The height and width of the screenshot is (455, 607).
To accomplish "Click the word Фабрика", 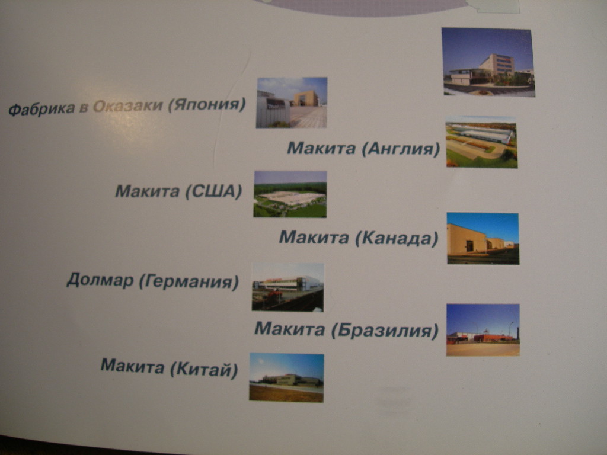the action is click(x=42, y=109).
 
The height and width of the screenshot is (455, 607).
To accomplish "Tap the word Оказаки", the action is click(x=128, y=105).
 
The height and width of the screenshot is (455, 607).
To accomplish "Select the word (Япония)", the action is click(x=207, y=104).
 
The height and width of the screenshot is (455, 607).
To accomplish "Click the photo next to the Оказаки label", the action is click(x=292, y=102).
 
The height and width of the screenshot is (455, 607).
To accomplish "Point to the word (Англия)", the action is click(x=401, y=149).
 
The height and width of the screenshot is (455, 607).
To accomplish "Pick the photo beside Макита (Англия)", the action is click(x=481, y=142).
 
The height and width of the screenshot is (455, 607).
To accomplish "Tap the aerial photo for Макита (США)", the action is click(x=290, y=194).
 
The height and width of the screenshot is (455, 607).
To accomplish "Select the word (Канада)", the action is click(x=397, y=238).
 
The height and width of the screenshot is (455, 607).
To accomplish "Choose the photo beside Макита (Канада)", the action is click(x=483, y=238).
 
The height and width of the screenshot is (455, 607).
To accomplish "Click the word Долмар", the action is click(x=100, y=280).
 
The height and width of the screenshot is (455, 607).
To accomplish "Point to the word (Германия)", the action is click(x=189, y=281).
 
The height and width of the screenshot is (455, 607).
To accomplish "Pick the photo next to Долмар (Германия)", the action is click(x=287, y=287).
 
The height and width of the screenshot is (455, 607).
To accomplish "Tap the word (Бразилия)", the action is click(x=385, y=331).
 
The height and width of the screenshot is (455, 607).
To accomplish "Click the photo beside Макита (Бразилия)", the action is click(x=483, y=330).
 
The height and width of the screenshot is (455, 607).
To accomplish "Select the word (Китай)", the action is click(x=204, y=370).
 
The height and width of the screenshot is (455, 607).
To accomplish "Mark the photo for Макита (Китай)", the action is click(x=287, y=377).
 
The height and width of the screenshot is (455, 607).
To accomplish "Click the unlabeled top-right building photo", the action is click(x=488, y=62).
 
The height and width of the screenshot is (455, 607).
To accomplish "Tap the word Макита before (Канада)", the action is click(x=314, y=237).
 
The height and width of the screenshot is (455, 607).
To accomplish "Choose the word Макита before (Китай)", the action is click(x=132, y=366).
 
